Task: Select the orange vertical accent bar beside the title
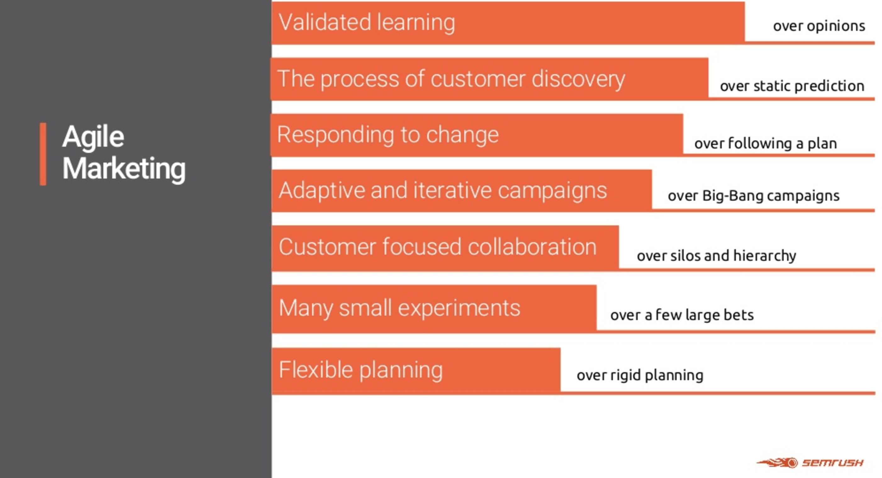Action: click(43, 154)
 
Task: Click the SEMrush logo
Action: click(810, 463)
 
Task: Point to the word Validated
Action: click(325, 22)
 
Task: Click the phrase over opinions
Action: click(819, 26)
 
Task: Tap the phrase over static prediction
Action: click(792, 86)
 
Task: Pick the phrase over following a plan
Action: click(766, 143)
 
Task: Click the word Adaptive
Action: click(322, 191)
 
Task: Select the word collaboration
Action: click(532, 247)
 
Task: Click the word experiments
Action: click(459, 308)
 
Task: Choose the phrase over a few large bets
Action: click(682, 315)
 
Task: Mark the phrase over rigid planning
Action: click(640, 375)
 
